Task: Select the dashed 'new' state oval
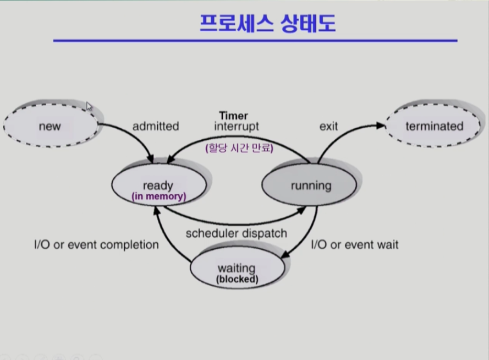(x=50, y=127)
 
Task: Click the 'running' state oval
(x=311, y=186)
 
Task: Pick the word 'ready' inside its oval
(x=158, y=186)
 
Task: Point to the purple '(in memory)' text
(x=158, y=196)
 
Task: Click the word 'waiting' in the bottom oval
(x=237, y=269)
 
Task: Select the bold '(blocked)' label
(x=237, y=279)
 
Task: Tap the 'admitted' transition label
(x=156, y=127)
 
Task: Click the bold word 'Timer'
(x=233, y=116)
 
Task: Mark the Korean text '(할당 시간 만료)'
(x=240, y=148)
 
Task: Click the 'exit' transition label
(x=328, y=127)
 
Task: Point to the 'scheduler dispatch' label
(x=236, y=233)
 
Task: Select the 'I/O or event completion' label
(x=96, y=245)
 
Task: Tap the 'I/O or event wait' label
(x=354, y=245)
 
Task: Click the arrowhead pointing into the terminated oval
(x=381, y=126)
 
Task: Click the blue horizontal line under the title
(x=255, y=41)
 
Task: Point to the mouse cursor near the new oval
(x=89, y=106)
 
